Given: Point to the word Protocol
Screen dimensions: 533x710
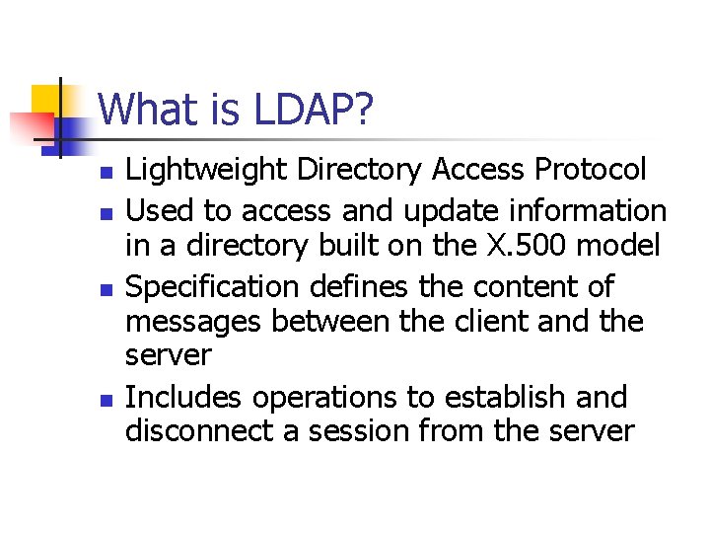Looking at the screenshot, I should coord(590,170).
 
